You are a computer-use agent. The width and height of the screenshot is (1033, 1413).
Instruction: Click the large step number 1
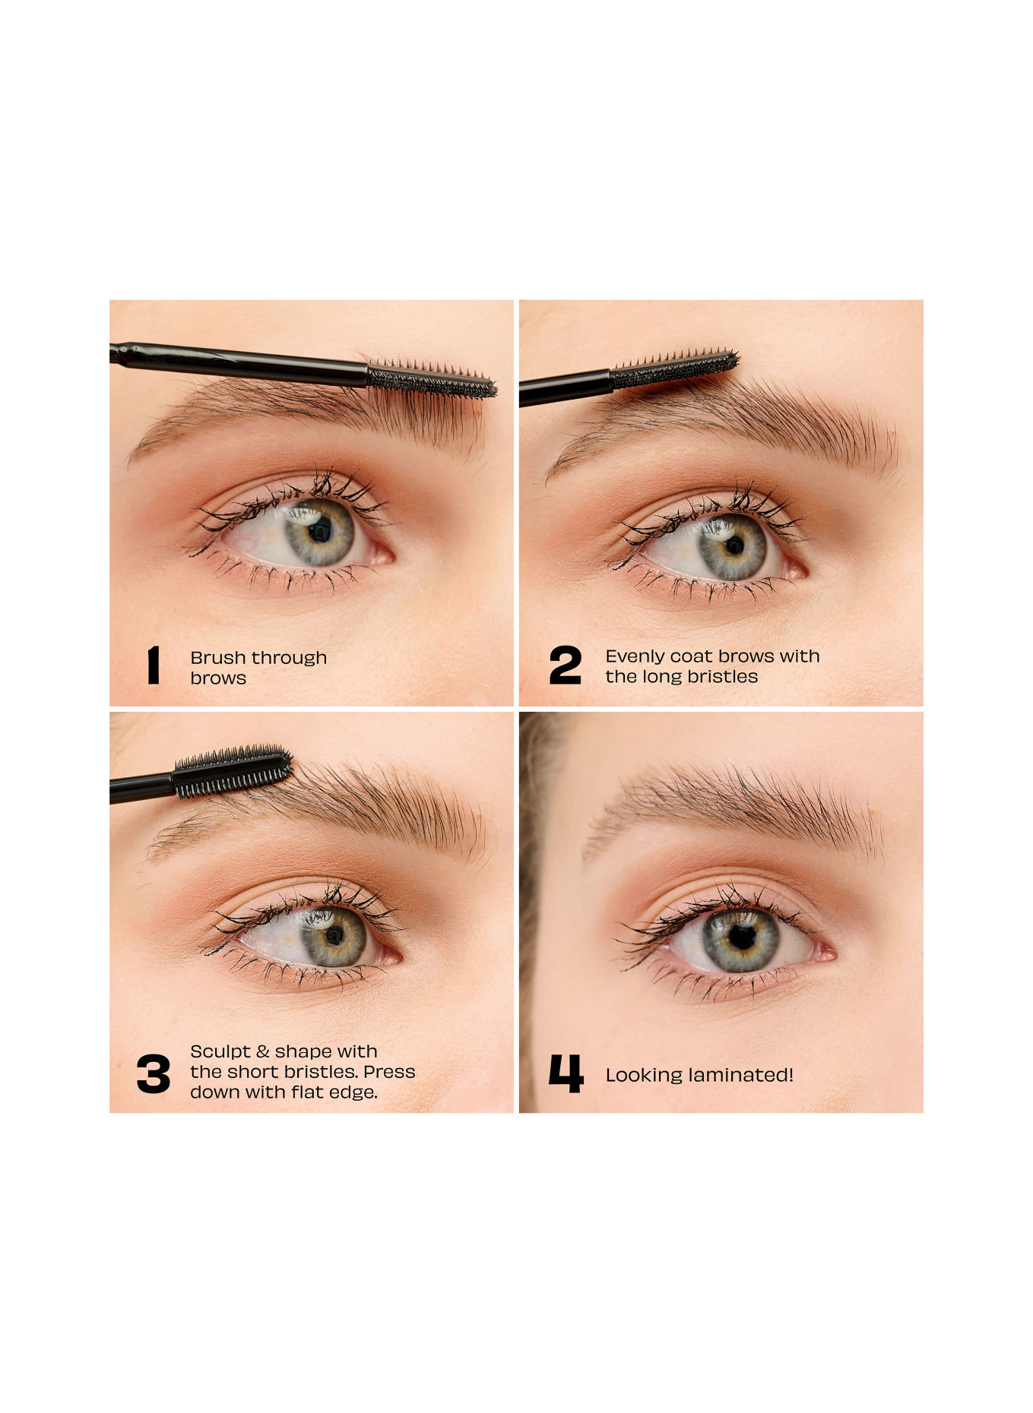[x=154, y=665]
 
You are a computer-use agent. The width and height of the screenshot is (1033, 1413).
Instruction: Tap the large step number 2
[x=565, y=665]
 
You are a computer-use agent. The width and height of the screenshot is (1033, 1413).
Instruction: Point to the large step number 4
[x=566, y=1073]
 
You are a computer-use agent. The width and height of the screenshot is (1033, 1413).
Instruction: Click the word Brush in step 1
[x=218, y=657]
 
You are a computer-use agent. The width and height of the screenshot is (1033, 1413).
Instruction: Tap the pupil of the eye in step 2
[x=734, y=545]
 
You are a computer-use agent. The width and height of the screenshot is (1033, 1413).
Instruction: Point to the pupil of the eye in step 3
[x=334, y=935]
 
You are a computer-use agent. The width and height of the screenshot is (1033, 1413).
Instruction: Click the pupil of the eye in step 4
[x=741, y=937]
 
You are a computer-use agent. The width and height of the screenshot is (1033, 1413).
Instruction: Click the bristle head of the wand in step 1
[x=432, y=378]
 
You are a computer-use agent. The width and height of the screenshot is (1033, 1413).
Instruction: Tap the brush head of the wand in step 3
[x=233, y=772]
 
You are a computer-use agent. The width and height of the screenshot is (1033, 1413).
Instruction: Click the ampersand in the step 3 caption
[x=262, y=1052]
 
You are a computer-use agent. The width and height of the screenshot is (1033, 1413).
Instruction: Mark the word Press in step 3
[x=389, y=1072]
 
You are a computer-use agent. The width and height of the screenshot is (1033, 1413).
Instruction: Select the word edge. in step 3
[x=353, y=1092]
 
